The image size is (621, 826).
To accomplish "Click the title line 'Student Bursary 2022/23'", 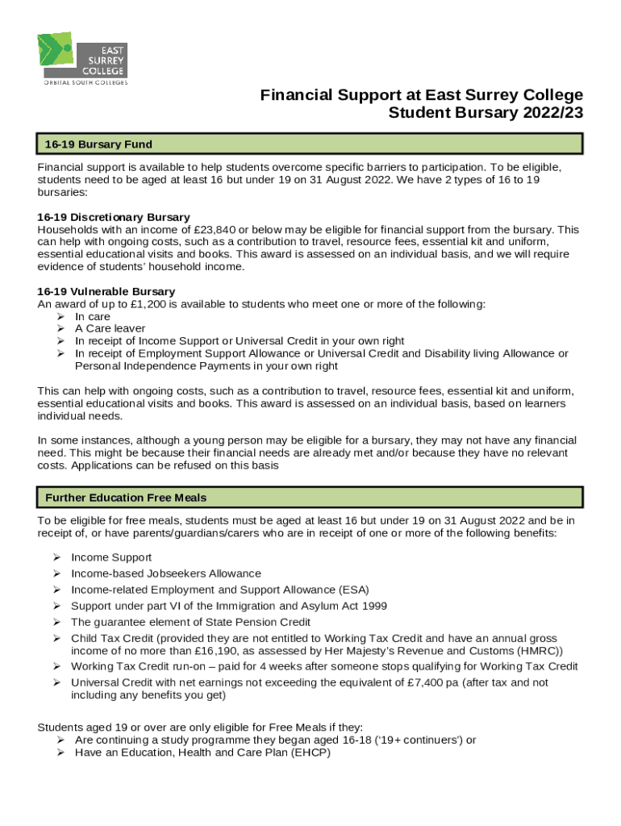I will (486, 113).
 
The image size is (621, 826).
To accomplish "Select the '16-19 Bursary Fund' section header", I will (99, 144).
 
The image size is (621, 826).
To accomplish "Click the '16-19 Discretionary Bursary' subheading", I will (114, 217).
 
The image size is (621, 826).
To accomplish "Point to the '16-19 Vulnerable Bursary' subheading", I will (106, 291).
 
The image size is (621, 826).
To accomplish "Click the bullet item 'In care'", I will (93, 317).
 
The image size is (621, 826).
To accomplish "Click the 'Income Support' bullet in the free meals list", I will (111, 557).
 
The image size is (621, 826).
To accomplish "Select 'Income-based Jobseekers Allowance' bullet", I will (166, 574).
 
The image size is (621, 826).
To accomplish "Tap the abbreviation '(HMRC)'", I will (533, 651).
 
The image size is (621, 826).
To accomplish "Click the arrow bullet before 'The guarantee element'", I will (58, 622).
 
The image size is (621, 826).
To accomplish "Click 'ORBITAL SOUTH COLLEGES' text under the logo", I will (85, 81).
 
